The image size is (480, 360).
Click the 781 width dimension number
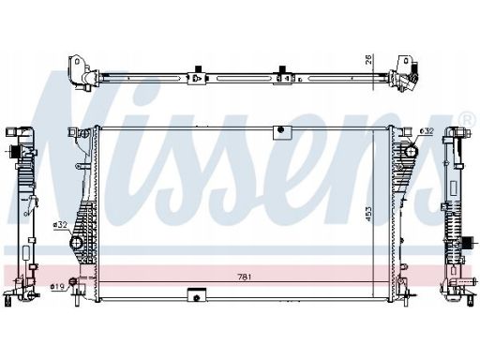pyautogui.click(x=245, y=277)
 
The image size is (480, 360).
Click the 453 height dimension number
pyautogui.click(x=368, y=214)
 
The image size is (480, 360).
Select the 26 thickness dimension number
pyautogui.click(x=368, y=60)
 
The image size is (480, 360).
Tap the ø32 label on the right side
pyautogui.click(x=427, y=131)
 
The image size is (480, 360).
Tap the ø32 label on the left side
pyautogui.click(x=60, y=224)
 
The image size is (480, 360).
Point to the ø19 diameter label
pyautogui.click(x=57, y=286)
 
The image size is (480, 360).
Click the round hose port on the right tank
pyautogui.click(x=411, y=152)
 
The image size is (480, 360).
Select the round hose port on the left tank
pyautogui.click(x=76, y=243)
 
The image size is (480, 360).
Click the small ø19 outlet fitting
pyautogui.click(x=74, y=281)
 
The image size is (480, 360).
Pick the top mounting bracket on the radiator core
pyautogui.click(x=282, y=132)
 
